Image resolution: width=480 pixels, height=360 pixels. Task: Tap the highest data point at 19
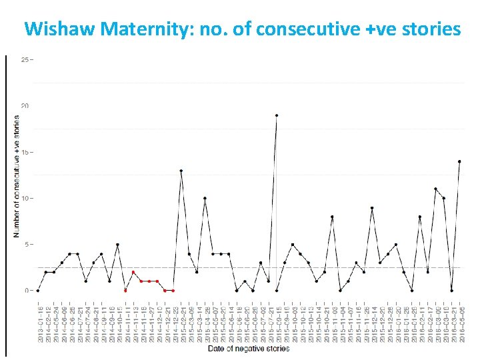[x=276, y=115]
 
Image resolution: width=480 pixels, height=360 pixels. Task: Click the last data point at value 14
[x=459, y=161]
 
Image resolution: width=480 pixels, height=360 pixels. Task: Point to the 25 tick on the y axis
[x=25, y=60]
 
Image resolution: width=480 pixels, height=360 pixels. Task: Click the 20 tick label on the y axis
[x=25, y=106]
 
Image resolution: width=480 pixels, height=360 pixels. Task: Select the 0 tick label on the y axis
[x=27, y=291]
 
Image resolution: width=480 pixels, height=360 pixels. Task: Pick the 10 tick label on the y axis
[x=25, y=199]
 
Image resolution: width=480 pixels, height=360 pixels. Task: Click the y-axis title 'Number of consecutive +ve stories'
[x=16, y=177]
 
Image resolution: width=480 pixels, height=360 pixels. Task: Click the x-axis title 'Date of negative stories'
[x=249, y=349]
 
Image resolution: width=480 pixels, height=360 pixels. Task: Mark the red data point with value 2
[x=133, y=272]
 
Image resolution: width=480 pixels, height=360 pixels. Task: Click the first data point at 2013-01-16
[x=38, y=291]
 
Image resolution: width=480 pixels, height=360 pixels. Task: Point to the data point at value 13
[x=181, y=171]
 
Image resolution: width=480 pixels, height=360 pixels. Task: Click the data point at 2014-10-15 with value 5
[x=117, y=245]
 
